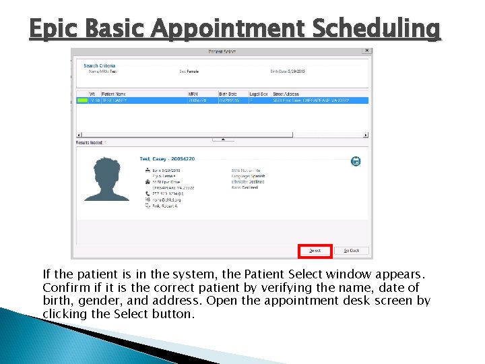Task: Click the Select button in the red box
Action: click(315, 250)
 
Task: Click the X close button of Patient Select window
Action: click(366, 51)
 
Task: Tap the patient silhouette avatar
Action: click(107, 180)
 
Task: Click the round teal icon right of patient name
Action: click(356, 161)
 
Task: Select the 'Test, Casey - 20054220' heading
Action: click(167, 159)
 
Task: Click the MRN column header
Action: click(193, 94)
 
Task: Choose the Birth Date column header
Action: click(228, 94)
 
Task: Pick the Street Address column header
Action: click(286, 94)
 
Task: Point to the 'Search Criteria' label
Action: click(99, 65)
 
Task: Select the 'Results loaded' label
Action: click(90, 143)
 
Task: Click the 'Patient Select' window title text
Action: click(221, 51)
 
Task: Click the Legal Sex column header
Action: click(259, 94)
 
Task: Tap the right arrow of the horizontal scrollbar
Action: click(366, 134)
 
